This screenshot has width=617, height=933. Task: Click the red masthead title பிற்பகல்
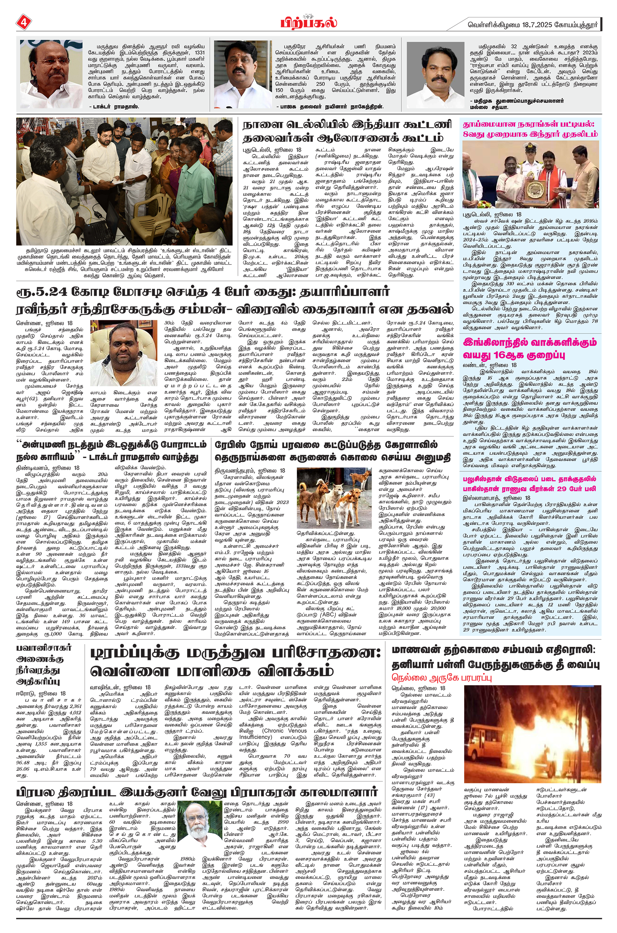coord(308,22)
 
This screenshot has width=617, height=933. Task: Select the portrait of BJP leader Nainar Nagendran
coord(237,75)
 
